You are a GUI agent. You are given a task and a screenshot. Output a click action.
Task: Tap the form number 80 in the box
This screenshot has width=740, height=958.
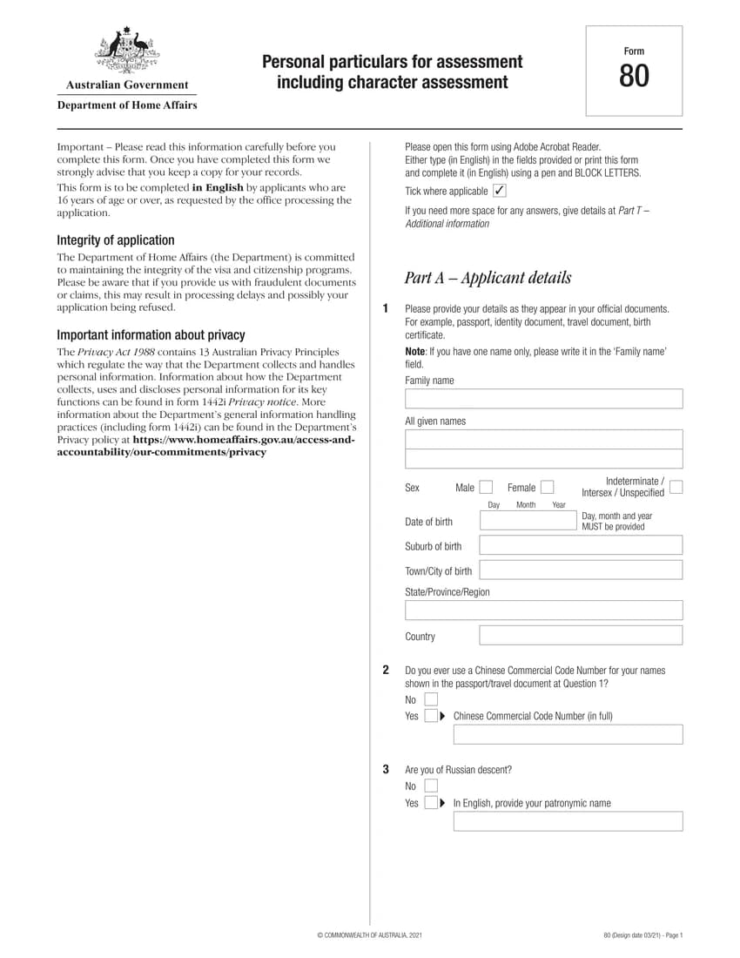pos(634,78)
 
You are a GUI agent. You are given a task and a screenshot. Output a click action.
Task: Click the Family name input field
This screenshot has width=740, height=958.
pos(543,399)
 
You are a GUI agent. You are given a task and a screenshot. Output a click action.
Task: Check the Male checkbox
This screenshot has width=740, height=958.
pos(486,488)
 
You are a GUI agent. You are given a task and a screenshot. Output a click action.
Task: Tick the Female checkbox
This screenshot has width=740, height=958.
pos(547,488)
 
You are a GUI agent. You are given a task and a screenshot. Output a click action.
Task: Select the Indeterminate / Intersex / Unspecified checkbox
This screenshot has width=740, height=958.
pos(676,487)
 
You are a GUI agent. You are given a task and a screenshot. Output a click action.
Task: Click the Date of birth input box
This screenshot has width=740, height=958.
pos(528,521)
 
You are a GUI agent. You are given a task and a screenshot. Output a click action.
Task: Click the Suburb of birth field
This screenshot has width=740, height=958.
pos(581,546)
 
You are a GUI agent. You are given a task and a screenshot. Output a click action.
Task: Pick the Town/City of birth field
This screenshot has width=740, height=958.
pos(581,570)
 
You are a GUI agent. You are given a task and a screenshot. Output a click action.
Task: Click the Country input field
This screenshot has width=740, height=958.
pos(581,636)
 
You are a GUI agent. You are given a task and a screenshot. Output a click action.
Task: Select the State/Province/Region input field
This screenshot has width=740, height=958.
pos(543,610)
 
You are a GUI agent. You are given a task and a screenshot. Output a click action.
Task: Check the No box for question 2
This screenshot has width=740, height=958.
pos(431,699)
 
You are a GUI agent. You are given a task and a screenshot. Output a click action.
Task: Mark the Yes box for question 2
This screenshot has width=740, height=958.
pos(431,716)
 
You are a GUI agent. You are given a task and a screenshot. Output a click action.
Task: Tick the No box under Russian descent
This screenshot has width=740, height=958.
pos(431,786)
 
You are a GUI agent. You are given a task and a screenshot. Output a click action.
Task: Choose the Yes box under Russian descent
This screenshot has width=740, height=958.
pos(431,803)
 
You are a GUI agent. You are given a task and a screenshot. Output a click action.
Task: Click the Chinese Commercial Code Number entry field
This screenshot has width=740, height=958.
pos(568,734)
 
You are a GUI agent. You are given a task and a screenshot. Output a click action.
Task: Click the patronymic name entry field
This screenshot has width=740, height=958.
pos(568,821)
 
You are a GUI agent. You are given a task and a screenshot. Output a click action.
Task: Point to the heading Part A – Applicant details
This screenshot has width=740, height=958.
pos(488,278)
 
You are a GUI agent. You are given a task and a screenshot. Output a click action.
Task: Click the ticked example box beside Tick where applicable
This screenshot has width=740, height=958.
pos(499,191)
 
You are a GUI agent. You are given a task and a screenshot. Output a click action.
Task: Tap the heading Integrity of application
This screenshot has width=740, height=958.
pos(116,240)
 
